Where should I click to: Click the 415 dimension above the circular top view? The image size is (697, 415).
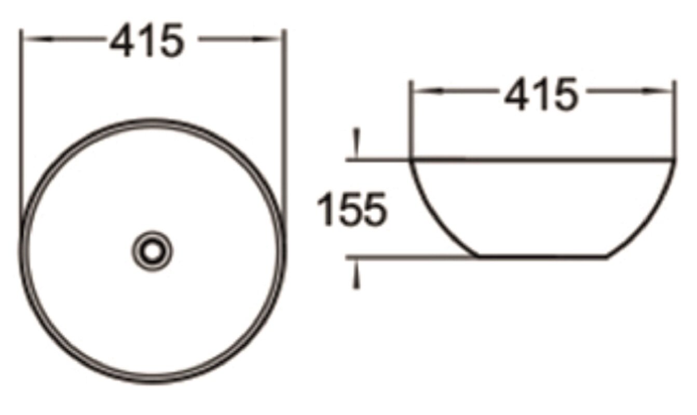(147, 40)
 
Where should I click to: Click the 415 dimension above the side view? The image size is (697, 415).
(541, 94)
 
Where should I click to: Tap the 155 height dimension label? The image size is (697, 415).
(351, 209)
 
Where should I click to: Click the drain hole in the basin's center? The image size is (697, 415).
(152, 252)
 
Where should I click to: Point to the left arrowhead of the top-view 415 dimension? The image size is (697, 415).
(38, 39)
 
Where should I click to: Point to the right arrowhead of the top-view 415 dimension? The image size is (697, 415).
(267, 39)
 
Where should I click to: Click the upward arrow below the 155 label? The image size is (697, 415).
(357, 274)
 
